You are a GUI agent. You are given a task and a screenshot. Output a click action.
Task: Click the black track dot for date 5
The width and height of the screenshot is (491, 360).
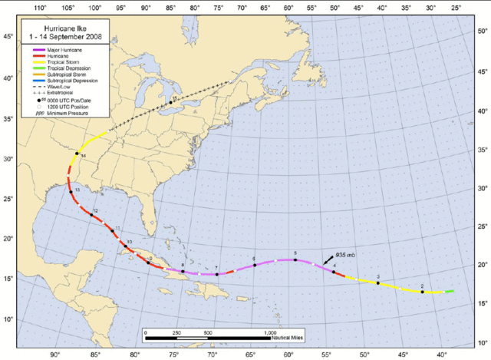295,260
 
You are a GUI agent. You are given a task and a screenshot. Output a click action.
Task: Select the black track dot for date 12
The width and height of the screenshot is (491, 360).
92,215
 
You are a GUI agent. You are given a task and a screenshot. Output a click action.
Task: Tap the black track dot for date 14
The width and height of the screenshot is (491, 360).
76,154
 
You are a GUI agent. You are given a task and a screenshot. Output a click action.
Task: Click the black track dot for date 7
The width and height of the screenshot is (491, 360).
217,274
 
